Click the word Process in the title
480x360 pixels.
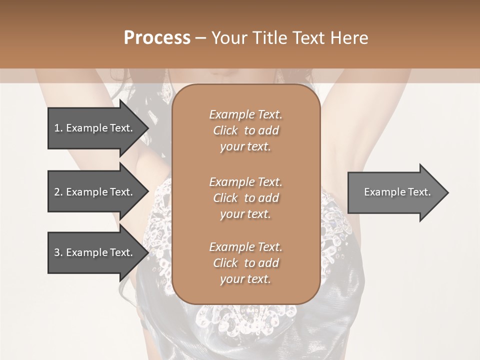[x=157, y=38]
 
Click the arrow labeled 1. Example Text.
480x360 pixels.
[x=95, y=128]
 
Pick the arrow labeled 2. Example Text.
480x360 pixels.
[x=95, y=192]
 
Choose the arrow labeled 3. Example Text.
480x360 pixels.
[x=95, y=252]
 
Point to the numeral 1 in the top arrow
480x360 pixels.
[x=57, y=128]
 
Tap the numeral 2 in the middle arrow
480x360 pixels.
[x=57, y=192]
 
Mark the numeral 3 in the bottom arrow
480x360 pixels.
[x=57, y=252]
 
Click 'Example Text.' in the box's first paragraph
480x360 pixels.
[x=245, y=114]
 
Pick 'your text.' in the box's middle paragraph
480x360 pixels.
[x=245, y=214]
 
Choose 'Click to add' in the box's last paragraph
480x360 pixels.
[x=245, y=263]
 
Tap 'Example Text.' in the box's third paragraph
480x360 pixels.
[x=245, y=247]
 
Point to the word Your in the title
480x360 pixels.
[x=227, y=38]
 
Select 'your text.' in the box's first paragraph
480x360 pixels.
[x=245, y=147]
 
